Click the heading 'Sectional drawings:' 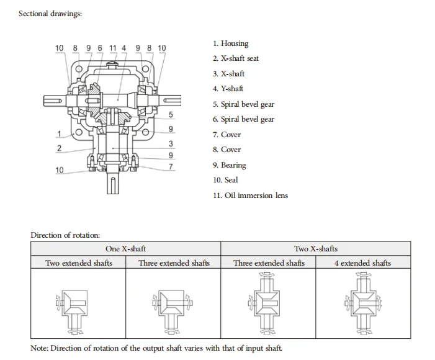(50, 14)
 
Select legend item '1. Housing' (230, 43)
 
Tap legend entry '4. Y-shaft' (228, 89)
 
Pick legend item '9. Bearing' (229, 165)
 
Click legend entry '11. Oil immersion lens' (250, 196)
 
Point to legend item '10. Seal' (225, 180)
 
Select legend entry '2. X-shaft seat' (236, 58)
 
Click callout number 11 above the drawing (112, 48)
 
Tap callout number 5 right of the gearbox (171, 115)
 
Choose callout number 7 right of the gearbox (171, 166)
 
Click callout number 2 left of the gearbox (59, 148)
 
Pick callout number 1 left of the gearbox (59, 134)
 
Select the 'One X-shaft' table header (125, 249)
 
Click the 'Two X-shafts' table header (316, 249)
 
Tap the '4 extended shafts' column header (362, 263)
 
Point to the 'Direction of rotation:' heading (65, 235)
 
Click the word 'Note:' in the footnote (39, 348)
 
